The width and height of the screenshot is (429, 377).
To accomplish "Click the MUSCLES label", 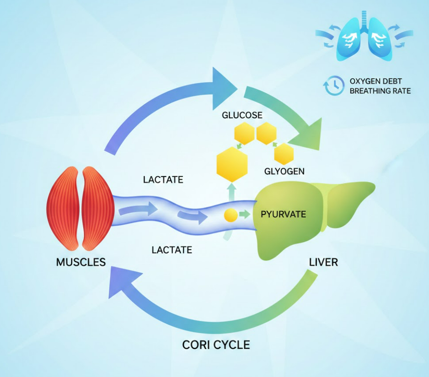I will coord(80,262).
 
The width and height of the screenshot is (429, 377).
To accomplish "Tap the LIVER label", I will coord(323,262).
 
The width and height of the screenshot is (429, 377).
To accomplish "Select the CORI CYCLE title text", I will coord(216,344).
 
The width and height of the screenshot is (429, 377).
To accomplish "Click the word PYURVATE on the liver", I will coord(283,214).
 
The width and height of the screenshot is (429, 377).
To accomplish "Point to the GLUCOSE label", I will coord(242,115).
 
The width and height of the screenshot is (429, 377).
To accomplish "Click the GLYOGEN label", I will coord(284,172).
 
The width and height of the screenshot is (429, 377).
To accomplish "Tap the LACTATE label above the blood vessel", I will coord(163,180).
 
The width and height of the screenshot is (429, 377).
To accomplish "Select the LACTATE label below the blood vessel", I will coord(172,250).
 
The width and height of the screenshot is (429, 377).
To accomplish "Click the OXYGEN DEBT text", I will coord(375,81).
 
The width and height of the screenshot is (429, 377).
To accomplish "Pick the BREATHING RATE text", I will coord(380,91).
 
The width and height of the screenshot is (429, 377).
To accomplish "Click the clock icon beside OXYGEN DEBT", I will coord(333,86).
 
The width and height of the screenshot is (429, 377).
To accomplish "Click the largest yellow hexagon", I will coord(232,163).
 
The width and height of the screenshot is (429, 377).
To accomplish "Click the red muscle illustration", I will coord(80,208).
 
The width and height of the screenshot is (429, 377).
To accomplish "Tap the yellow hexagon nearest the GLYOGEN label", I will coord(284,154).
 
